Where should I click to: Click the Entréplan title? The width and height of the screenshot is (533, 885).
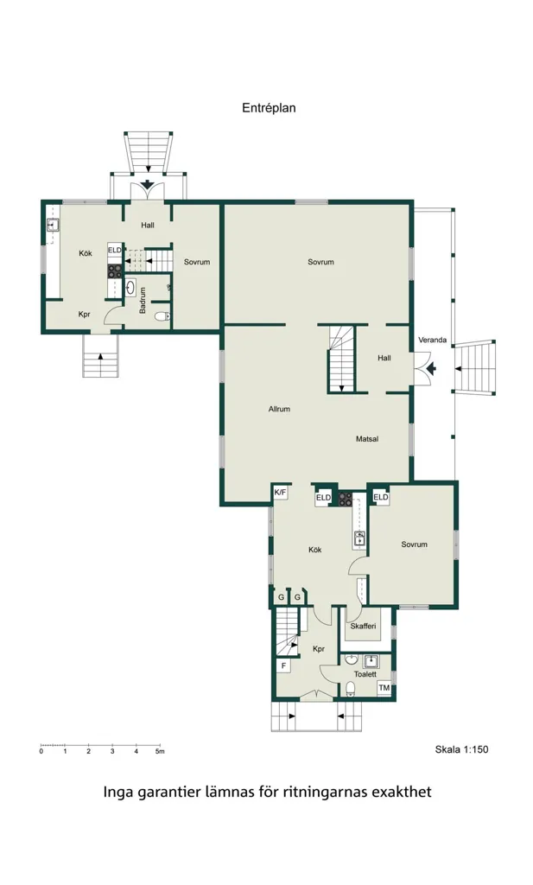tap(269, 108)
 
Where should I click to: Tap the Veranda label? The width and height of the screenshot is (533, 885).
tap(433, 340)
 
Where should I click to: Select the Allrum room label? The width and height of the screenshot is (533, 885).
tap(279, 409)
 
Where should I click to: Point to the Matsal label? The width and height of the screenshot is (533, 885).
tap(367, 438)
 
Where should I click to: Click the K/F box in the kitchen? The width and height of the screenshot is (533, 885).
tap(280, 492)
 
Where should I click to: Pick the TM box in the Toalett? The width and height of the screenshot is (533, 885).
tap(384, 688)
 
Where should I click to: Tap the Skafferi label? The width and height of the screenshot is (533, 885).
tap(363, 626)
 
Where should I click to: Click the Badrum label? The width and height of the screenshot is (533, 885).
tap(143, 300)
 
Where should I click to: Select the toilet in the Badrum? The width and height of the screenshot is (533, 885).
tap(162, 316)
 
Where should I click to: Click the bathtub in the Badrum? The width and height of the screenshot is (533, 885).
tap(130, 287)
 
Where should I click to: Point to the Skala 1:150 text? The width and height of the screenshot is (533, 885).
tap(461, 749)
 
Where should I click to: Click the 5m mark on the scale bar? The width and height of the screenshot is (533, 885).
tap(160, 752)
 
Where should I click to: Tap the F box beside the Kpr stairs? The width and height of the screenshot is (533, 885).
tap(283, 666)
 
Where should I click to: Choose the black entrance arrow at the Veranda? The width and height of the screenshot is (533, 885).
tap(431, 368)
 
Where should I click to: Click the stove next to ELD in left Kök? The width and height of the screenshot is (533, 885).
tap(115, 271)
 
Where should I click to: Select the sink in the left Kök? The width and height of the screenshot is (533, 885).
tap(54, 226)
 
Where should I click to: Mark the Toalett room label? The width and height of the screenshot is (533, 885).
tap(365, 674)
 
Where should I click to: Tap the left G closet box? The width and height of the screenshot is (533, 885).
tap(281, 598)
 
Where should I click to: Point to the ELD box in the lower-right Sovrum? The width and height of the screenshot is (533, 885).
tap(381, 497)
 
